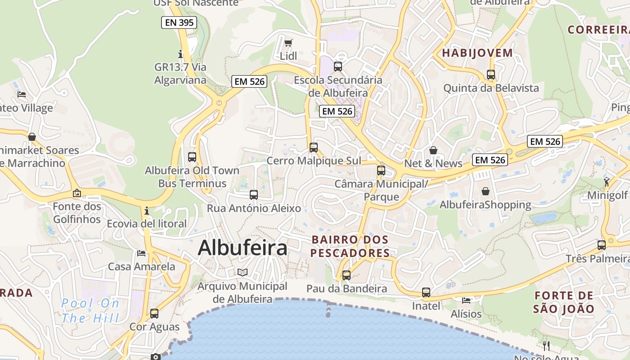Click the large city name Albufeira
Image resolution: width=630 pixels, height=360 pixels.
pos(243,248)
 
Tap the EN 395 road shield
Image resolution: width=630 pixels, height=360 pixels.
pos(179,22)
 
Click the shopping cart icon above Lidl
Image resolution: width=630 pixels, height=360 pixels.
pos(288,43)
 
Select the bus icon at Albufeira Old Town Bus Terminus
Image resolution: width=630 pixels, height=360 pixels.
pos(192,157)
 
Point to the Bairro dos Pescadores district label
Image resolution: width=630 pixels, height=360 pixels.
pos(350,246)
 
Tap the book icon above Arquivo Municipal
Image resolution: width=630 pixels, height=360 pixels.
pos(243,272)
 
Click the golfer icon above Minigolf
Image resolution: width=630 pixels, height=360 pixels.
pos(607,182)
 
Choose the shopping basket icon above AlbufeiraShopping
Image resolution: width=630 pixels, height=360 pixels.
pos(485,191)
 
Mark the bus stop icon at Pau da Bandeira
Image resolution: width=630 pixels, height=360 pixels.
pos(346,275)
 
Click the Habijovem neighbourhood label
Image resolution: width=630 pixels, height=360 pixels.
pos(477,53)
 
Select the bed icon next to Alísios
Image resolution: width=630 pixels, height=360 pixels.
pos(466,300)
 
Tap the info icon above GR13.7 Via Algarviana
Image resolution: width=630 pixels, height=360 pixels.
pos(180,54)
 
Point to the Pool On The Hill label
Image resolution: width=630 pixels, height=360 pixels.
pos(90,310)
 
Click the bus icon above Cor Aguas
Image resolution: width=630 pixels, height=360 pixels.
pos(154,313)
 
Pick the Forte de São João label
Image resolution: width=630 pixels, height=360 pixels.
pos(564,302)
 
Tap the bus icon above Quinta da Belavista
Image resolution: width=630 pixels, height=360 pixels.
pos(491,75)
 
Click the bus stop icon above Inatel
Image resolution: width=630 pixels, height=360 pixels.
pos(426,292)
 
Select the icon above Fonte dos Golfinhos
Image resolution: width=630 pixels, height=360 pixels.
pos(77,193)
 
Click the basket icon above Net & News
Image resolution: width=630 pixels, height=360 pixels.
pos(433,150)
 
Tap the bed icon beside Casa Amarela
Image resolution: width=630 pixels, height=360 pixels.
pos(141,253)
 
